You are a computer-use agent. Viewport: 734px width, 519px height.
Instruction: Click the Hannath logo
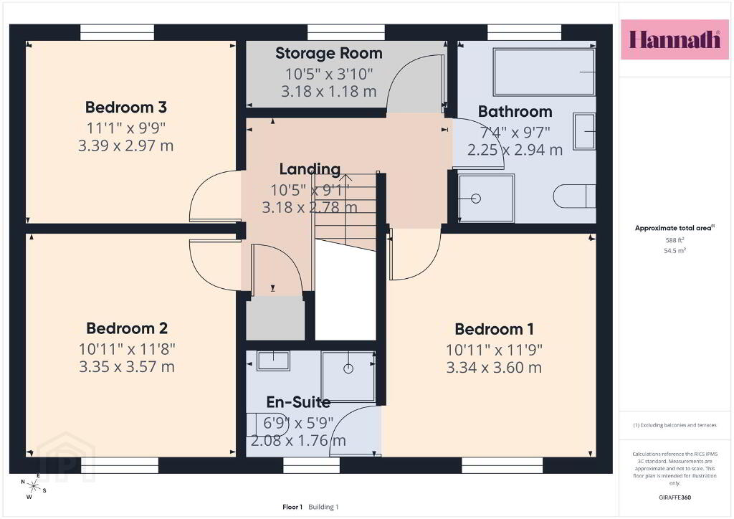(675, 39)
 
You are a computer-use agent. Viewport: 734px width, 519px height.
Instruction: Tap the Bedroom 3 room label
(126, 108)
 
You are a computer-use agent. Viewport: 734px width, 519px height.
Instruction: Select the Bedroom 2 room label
(127, 328)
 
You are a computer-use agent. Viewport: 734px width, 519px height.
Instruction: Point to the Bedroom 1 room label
(495, 329)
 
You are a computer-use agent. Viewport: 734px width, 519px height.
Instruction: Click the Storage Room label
(328, 53)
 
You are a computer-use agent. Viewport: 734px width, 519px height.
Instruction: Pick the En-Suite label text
(298, 402)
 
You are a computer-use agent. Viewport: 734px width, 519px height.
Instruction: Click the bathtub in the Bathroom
(544, 72)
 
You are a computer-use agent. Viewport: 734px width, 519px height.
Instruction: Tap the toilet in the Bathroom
(574, 196)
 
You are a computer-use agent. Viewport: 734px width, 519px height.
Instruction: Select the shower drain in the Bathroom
(476, 199)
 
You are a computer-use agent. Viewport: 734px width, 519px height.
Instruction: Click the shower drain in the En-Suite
(348, 368)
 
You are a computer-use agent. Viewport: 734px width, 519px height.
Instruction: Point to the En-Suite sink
(273, 361)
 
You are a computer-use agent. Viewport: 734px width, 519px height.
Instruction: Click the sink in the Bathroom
(584, 131)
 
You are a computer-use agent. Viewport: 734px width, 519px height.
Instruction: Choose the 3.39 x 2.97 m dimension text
(126, 146)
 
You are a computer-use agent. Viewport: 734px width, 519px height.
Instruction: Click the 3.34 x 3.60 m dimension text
(494, 367)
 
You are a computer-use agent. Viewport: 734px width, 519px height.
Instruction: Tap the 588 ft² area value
(675, 240)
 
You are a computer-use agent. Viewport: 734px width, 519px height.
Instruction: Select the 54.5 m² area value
(675, 250)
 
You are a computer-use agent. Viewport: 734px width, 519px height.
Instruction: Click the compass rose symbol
(33, 487)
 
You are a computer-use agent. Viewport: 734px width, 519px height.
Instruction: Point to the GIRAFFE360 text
(675, 497)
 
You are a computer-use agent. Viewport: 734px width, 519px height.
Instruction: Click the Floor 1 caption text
(292, 507)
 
